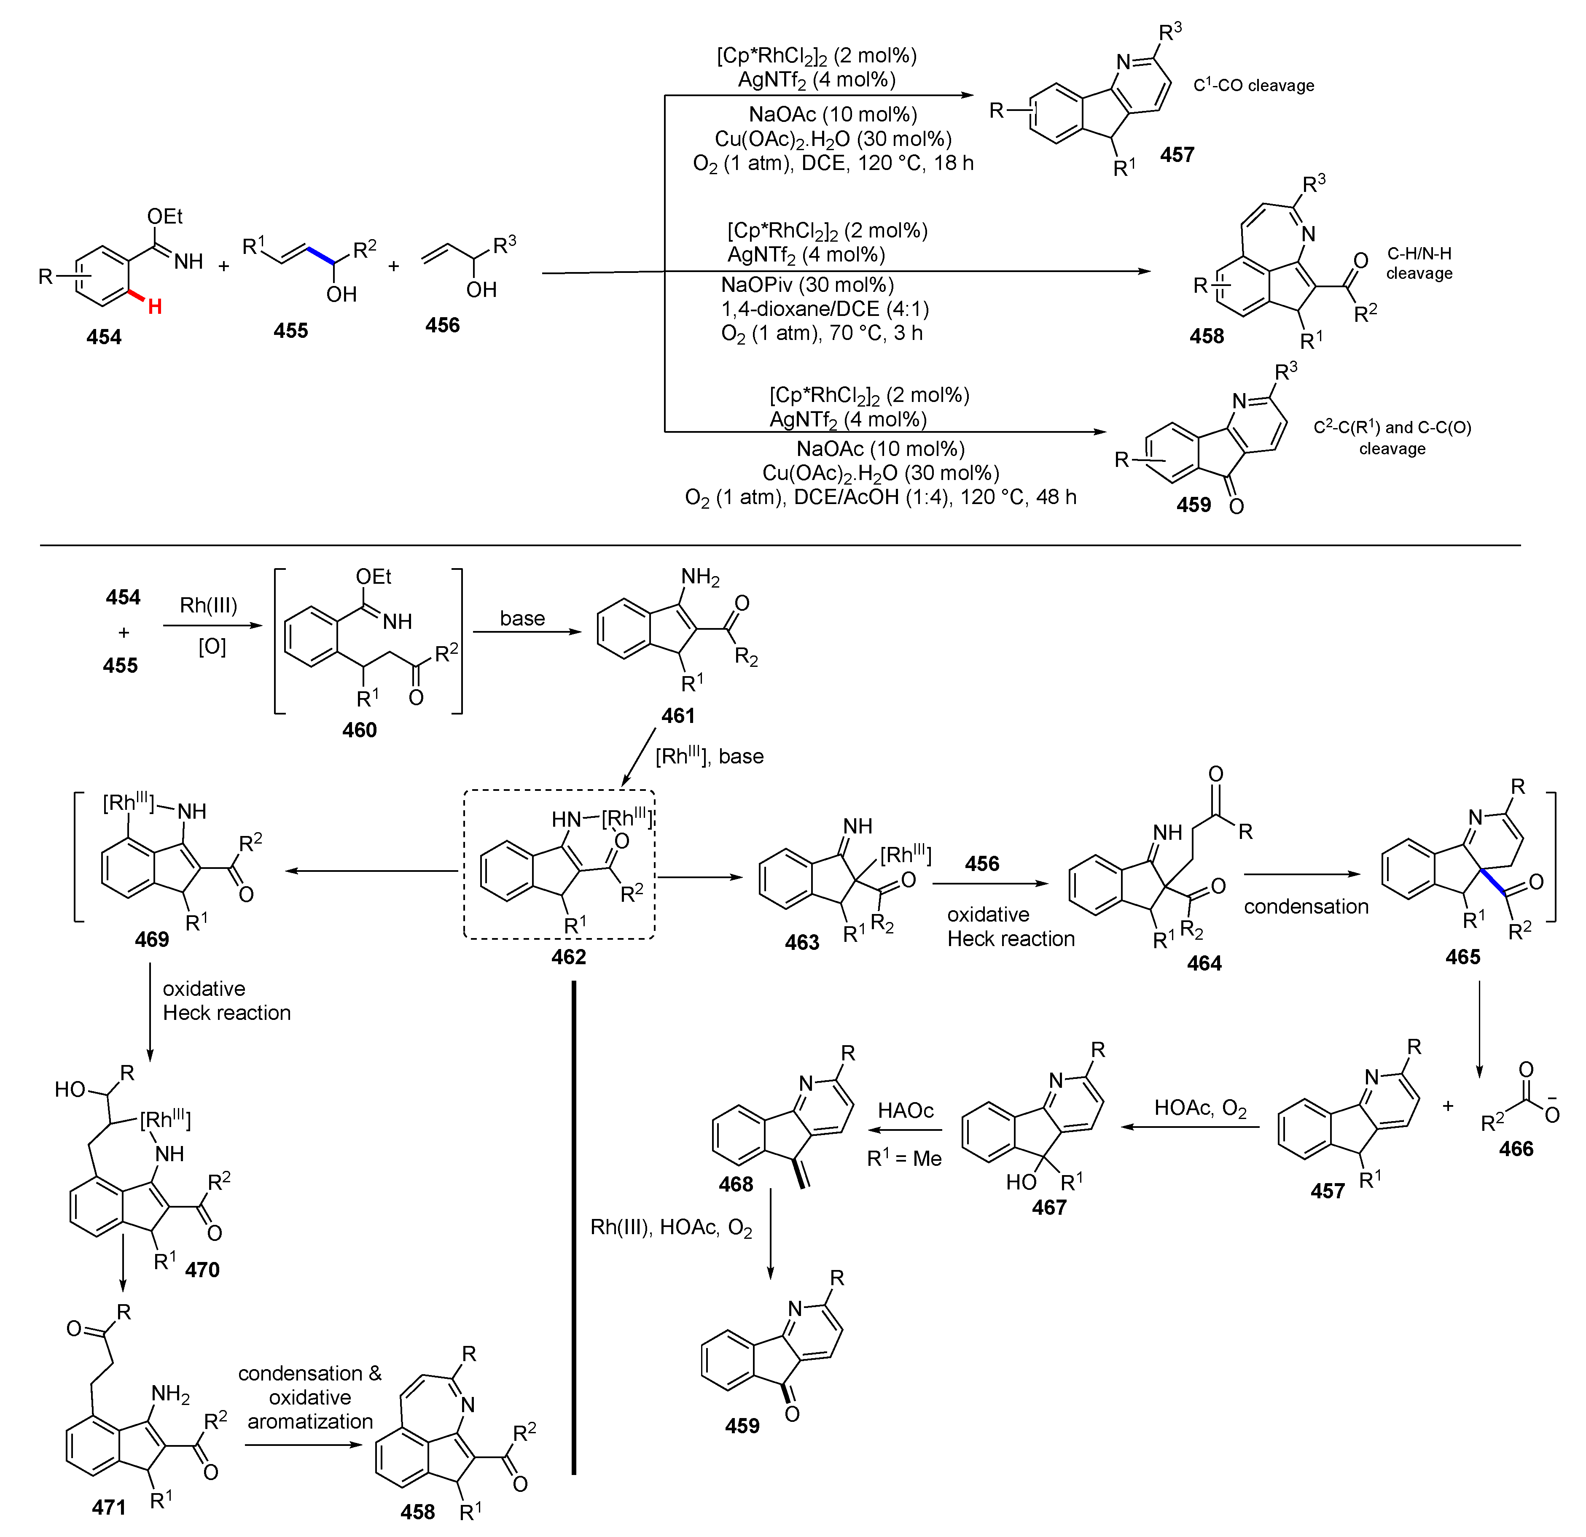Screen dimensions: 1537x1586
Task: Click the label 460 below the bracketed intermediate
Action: pyautogui.click(x=359, y=730)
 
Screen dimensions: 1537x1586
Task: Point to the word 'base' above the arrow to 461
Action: pyautogui.click(x=522, y=618)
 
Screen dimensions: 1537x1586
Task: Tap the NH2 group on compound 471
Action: pyautogui.click(x=170, y=1393)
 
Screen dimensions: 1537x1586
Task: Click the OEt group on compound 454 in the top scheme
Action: pyautogui.click(x=165, y=216)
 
